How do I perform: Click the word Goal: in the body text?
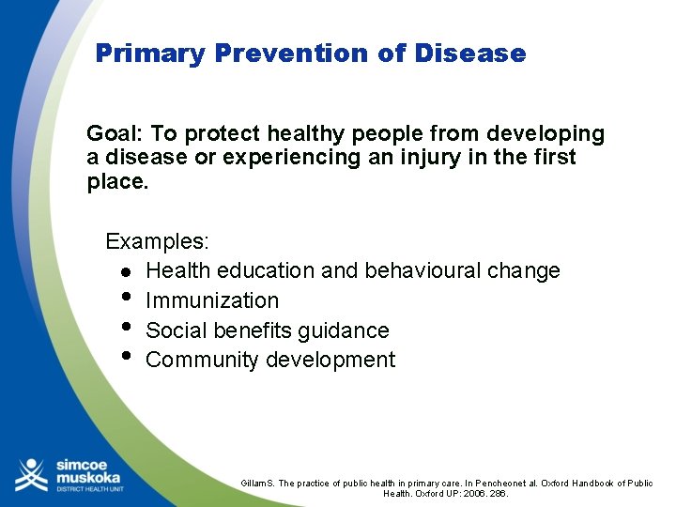[115, 134]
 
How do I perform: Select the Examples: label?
[157, 241]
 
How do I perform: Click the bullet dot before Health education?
[125, 271]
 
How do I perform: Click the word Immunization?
[212, 300]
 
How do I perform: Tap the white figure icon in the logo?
[31, 474]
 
